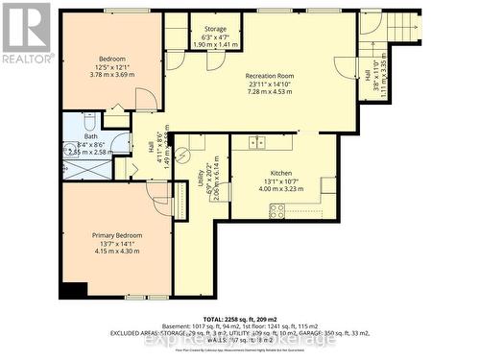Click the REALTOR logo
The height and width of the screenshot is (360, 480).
click(26, 34)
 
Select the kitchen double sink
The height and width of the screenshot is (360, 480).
click(257, 143)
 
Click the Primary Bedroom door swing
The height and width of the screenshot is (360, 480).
click(158, 193)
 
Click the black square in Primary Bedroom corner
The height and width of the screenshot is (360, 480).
click(70, 291)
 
